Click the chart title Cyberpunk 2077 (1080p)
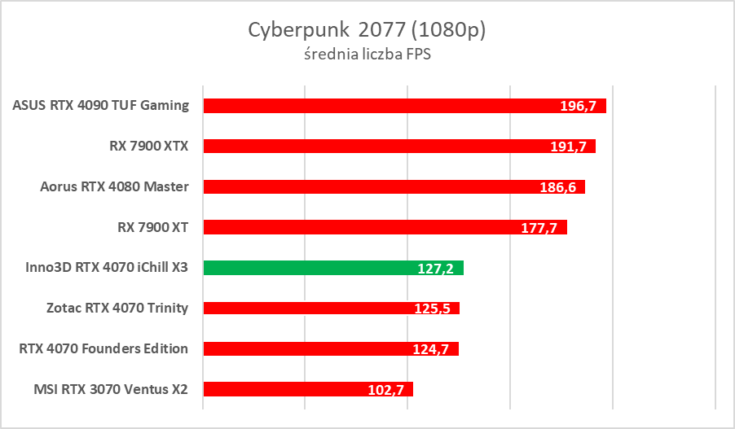[x=367, y=30]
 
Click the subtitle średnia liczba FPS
[x=367, y=55]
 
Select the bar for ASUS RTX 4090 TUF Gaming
[x=367, y=106]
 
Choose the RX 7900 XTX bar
[x=367, y=147]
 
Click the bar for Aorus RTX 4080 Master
[x=367, y=186]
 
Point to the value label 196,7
[x=579, y=107]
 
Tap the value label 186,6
[x=558, y=187]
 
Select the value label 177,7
[x=539, y=228]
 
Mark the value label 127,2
[x=437, y=269]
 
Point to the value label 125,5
[x=433, y=309]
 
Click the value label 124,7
[x=431, y=349]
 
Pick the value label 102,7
[x=386, y=390]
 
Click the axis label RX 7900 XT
[x=152, y=227]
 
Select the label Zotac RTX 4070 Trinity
[x=118, y=308]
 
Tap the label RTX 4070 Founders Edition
[x=103, y=348]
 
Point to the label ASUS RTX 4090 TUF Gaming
[x=101, y=105]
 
